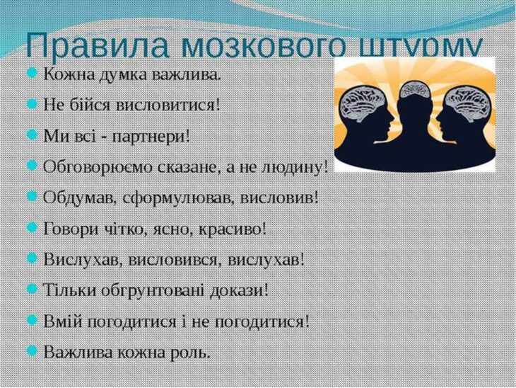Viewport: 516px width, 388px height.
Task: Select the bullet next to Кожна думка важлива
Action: coord(32,73)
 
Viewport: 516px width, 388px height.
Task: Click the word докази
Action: coord(239,290)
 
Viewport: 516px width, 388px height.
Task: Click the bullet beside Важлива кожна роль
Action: coord(32,350)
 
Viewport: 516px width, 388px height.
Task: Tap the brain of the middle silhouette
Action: coord(415,89)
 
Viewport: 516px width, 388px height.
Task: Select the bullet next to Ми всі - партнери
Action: coord(32,135)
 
